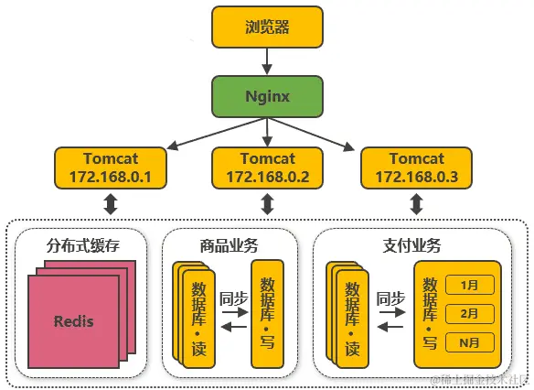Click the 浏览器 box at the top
267,27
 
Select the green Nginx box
267,96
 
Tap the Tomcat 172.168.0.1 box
112,167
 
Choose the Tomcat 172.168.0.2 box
267,167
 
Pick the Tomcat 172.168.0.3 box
416,167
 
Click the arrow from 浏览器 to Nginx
267,60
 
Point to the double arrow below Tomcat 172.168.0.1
112,203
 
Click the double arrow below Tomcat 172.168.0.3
417,203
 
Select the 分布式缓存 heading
83,245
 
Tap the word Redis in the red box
73,321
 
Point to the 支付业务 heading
411,245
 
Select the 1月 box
470,285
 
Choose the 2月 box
470,313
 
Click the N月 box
470,342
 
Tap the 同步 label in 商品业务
235,297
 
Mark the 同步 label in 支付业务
390,297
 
